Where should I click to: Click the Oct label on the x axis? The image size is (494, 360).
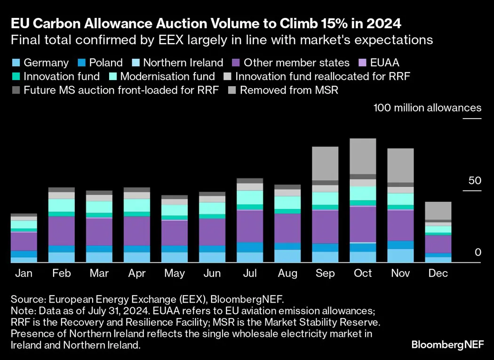point(363,273)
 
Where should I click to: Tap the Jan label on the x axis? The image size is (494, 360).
point(23,273)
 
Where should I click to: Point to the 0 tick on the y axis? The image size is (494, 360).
point(478,253)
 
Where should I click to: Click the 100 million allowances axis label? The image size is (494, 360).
point(427,108)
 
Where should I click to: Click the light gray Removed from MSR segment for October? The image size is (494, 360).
point(363,156)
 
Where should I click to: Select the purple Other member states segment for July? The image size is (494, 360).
point(249,226)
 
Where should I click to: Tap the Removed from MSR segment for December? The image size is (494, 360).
point(438,211)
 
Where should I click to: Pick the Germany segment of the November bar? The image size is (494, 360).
point(400,256)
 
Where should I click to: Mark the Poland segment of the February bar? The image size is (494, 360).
point(61,249)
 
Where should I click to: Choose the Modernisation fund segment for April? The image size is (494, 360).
point(136,205)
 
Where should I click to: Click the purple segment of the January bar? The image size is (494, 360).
point(24,241)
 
